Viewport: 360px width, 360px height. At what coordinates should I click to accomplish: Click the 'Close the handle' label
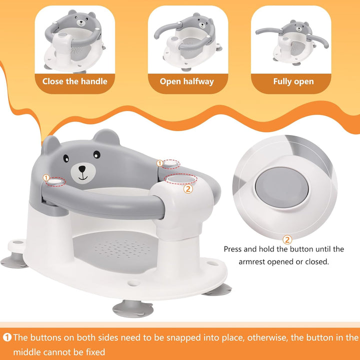[x=74, y=81]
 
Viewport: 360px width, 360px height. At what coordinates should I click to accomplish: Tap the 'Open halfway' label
[x=186, y=81]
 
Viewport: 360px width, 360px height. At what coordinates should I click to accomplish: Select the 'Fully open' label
[x=293, y=81]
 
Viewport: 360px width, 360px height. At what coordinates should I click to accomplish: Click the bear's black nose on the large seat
[x=81, y=169]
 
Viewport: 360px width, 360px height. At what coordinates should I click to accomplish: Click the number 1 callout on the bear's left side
[x=46, y=178]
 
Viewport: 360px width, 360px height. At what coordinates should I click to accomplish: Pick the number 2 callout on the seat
[x=188, y=188]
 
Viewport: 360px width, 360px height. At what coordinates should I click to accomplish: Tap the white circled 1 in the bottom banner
[x=7, y=337]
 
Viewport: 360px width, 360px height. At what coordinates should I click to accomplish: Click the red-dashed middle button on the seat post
[x=179, y=178]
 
